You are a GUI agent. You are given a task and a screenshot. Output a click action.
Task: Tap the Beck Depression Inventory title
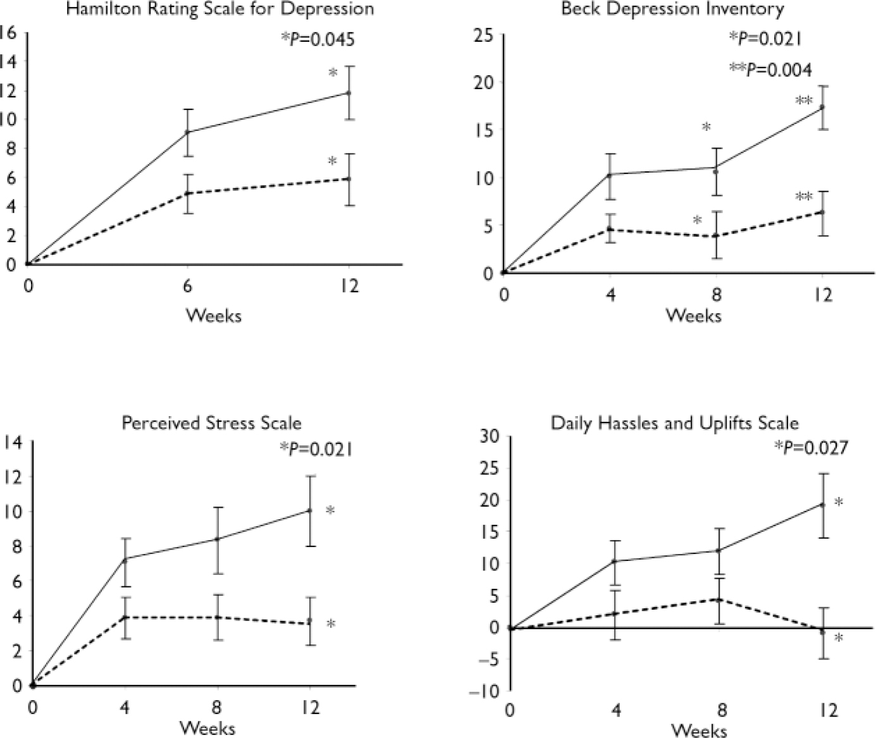(672, 9)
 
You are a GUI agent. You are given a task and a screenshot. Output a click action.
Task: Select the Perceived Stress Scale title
(211, 422)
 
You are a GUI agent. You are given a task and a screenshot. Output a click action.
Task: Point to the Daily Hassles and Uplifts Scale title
(675, 422)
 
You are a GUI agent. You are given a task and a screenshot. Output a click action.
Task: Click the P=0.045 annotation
(318, 39)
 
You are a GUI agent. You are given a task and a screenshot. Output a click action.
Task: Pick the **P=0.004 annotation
(771, 69)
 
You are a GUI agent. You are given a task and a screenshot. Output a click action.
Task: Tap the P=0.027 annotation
(811, 448)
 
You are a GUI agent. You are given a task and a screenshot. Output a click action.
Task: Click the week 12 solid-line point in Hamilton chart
(348, 93)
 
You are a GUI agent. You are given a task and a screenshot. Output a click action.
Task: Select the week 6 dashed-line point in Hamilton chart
(188, 193)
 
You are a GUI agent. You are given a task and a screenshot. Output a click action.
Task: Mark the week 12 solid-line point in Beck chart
(822, 108)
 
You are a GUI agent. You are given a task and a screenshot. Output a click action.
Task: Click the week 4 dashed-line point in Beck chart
(610, 230)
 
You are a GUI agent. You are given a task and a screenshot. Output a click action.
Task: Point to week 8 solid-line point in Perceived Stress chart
(218, 539)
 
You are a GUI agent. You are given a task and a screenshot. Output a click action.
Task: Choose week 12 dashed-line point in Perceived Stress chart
(310, 621)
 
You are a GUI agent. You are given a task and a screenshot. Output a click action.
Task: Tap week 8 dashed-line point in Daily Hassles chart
(719, 600)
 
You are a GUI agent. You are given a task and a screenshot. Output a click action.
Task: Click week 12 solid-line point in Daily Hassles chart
(822, 505)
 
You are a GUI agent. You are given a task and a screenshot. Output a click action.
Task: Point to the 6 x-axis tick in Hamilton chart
(188, 286)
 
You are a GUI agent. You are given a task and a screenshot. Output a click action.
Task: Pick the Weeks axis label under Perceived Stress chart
(207, 728)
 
